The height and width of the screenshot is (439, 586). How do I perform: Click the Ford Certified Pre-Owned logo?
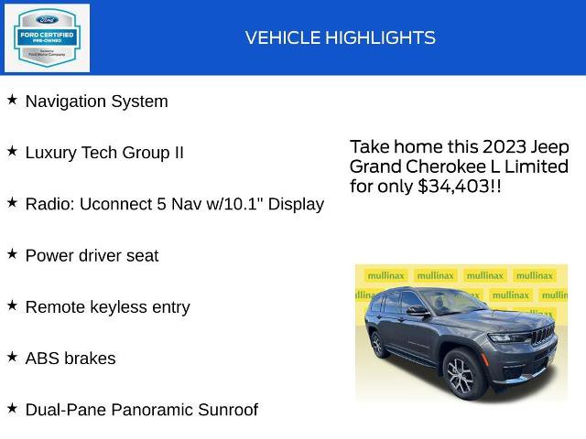click(48, 37)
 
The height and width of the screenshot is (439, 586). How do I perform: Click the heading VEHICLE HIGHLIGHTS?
click(340, 37)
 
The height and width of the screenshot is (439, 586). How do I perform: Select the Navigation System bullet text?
click(96, 102)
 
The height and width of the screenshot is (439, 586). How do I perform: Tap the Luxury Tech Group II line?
click(104, 153)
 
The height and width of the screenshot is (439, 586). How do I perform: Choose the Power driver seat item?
click(92, 256)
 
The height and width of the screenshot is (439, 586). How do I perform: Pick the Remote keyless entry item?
click(107, 307)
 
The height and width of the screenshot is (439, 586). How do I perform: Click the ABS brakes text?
click(71, 359)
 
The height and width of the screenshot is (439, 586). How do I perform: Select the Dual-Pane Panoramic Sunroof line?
click(141, 410)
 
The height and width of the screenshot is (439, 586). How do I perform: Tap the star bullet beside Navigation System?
click(12, 100)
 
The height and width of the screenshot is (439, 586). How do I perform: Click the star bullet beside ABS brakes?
click(12, 357)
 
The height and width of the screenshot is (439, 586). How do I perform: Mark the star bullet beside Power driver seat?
click(12, 254)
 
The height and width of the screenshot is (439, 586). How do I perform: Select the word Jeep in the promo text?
click(550, 147)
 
